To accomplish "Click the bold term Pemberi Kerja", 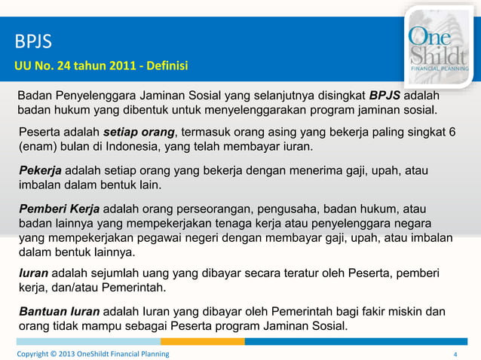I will click(57, 207).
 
